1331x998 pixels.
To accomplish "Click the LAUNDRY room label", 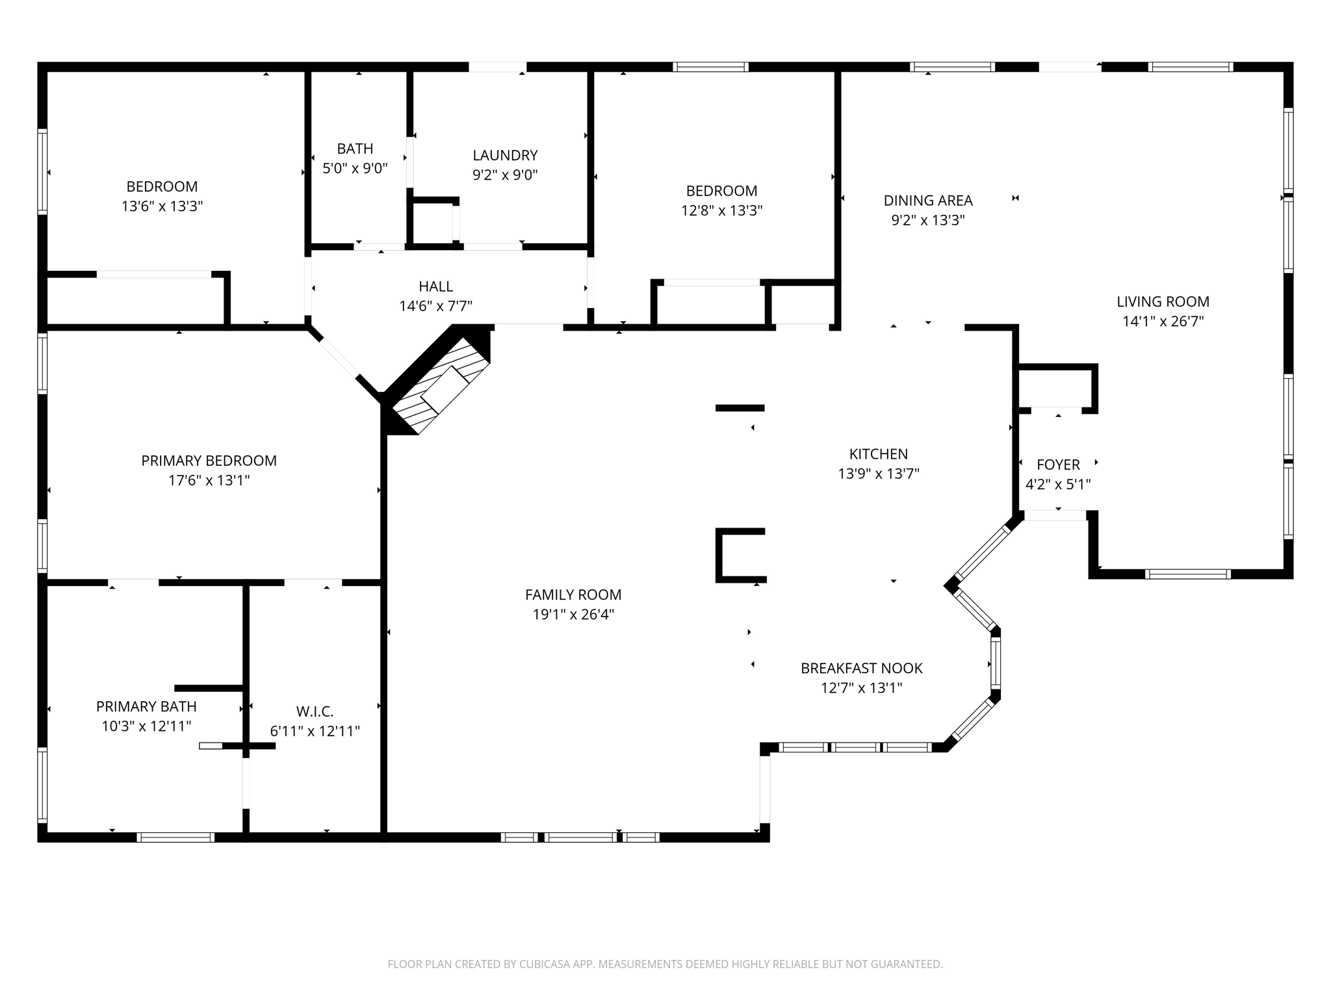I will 505,155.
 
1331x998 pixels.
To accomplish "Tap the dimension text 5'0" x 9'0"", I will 355,168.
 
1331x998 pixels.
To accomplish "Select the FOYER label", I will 1058,465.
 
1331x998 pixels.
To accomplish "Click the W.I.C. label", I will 315,711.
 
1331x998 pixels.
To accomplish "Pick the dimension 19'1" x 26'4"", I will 573,614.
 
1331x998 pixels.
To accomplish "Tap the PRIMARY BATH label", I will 146,706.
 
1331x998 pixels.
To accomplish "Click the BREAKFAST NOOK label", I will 861,668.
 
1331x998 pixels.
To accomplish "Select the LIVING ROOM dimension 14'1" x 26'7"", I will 1163,321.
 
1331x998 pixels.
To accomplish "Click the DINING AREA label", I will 927,200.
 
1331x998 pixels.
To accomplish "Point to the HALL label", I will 435,286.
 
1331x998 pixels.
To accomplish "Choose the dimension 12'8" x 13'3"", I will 721,211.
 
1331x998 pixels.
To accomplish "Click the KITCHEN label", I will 878,454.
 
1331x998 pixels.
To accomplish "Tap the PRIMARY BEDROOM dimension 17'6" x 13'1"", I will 209,480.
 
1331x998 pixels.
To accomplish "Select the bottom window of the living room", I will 1187,574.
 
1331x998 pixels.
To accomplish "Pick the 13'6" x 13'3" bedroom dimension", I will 162,207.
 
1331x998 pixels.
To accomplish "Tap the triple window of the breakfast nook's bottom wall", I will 855,747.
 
